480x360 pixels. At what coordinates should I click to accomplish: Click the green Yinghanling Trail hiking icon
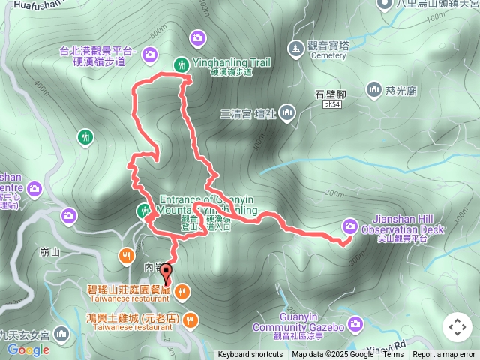click(x=180, y=64)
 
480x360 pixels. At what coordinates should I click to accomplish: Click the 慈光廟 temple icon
click(x=373, y=90)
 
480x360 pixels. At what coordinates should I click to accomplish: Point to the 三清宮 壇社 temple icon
click(x=288, y=113)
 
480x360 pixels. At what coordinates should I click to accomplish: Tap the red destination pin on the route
click(x=165, y=274)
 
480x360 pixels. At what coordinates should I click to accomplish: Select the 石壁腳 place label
click(x=330, y=94)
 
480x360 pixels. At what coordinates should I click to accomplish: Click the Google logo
click(x=28, y=349)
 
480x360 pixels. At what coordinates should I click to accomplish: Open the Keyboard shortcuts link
click(x=250, y=355)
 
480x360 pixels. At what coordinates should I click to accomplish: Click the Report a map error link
click(x=445, y=355)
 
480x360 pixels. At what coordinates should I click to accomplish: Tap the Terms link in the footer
click(x=393, y=355)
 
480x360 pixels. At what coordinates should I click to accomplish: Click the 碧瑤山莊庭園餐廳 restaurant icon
click(x=181, y=290)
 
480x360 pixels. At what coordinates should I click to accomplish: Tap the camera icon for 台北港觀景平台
click(x=149, y=54)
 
